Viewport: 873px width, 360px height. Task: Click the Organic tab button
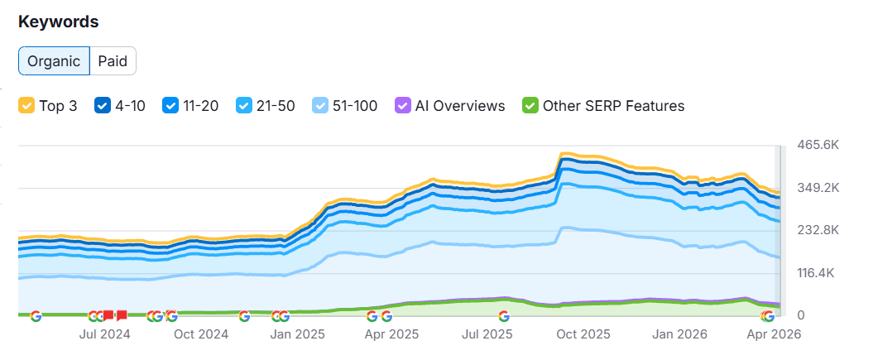pyautogui.click(x=54, y=61)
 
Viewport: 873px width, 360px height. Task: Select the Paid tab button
pyautogui.click(x=113, y=61)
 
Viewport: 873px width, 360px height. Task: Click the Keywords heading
pyautogui.click(x=59, y=22)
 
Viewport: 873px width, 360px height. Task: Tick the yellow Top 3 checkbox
pyautogui.click(x=26, y=106)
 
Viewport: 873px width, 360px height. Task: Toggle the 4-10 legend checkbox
pyautogui.click(x=103, y=106)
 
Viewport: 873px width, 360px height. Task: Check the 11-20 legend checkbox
pyautogui.click(x=170, y=106)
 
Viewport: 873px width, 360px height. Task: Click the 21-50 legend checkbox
pyautogui.click(x=244, y=106)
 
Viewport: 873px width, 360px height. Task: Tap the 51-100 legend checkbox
pyautogui.click(x=320, y=106)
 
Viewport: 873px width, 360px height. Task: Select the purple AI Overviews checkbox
pyautogui.click(x=403, y=106)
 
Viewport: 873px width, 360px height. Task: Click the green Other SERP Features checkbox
pyautogui.click(x=530, y=106)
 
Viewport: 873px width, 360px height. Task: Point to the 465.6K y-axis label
pyautogui.click(x=818, y=145)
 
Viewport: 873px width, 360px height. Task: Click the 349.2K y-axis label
pyautogui.click(x=818, y=188)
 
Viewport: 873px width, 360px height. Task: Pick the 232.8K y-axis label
pyautogui.click(x=818, y=230)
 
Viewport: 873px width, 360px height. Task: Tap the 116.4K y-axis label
pyautogui.click(x=818, y=273)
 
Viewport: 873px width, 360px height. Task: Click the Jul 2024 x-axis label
pyautogui.click(x=104, y=334)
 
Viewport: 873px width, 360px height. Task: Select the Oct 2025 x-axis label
pyautogui.click(x=583, y=334)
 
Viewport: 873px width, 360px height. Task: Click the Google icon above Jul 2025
pyautogui.click(x=503, y=315)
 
